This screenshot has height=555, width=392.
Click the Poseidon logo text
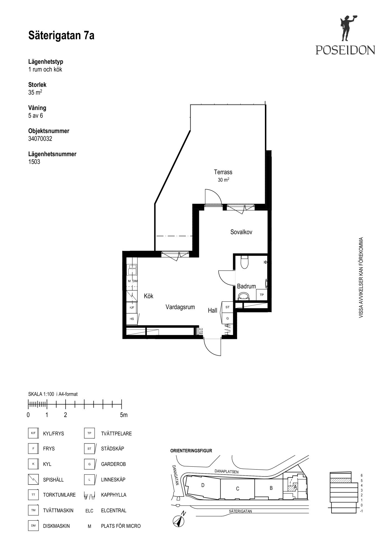click(345, 50)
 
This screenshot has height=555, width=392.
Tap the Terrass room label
click(223, 172)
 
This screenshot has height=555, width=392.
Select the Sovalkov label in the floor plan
click(241, 232)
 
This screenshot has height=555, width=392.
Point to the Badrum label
click(246, 286)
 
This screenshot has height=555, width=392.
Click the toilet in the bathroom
click(244, 262)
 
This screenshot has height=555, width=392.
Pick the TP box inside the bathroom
click(262, 295)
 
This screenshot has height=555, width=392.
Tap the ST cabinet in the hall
click(227, 307)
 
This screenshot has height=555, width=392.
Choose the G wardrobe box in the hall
click(227, 318)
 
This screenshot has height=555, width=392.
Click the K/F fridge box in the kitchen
click(132, 307)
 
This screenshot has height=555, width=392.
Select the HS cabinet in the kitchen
click(132, 319)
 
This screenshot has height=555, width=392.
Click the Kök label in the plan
click(149, 296)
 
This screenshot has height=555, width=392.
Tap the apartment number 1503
click(34, 162)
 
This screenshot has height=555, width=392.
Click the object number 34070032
click(40, 139)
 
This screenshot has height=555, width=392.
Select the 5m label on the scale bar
click(124, 415)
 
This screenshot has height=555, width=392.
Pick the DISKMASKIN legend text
click(56, 526)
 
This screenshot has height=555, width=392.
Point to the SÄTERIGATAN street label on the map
click(241, 511)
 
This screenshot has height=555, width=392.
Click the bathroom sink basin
click(244, 296)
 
